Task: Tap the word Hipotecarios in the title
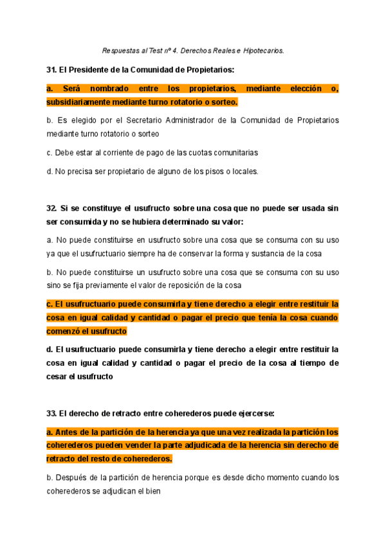click(x=262, y=50)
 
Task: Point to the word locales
click(x=243, y=172)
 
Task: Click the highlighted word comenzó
click(x=66, y=331)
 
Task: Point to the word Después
click(x=73, y=478)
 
